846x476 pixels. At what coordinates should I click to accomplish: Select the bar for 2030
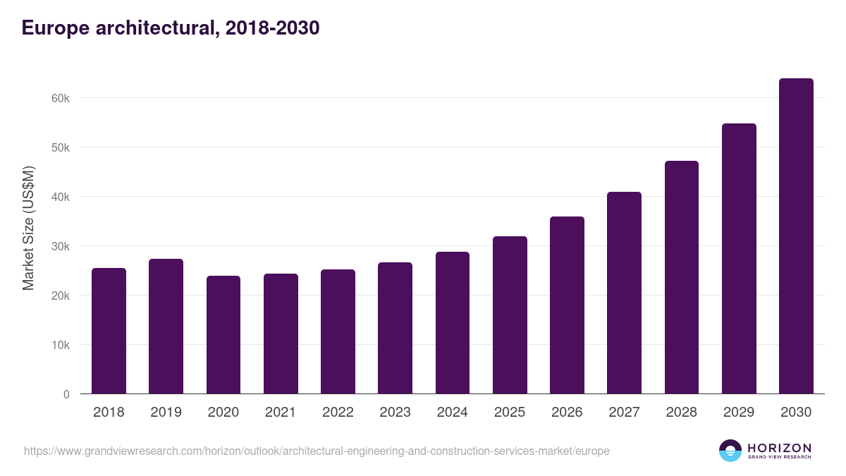[x=796, y=236]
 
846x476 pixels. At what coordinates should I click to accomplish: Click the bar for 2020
[x=223, y=335]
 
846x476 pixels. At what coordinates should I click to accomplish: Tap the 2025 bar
[x=510, y=315]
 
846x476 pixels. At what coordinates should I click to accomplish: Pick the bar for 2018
[x=109, y=331]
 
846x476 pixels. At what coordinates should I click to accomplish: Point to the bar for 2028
[x=682, y=277]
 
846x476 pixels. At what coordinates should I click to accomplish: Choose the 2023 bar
[x=395, y=328]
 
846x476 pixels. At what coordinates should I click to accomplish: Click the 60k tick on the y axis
[x=61, y=98]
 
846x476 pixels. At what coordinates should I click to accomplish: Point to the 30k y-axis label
[x=61, y=246]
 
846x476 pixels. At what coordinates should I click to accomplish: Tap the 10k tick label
[x=61, y=345]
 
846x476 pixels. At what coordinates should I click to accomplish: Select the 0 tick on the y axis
[x=66, y=394]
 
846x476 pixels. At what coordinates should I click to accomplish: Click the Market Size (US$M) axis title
[x=28, y=228]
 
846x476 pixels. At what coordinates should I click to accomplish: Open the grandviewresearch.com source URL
[x=317, y=451]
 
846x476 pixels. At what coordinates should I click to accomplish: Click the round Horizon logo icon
[x=730, y=451]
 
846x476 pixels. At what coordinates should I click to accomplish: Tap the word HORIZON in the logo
[x=779, y=448]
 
